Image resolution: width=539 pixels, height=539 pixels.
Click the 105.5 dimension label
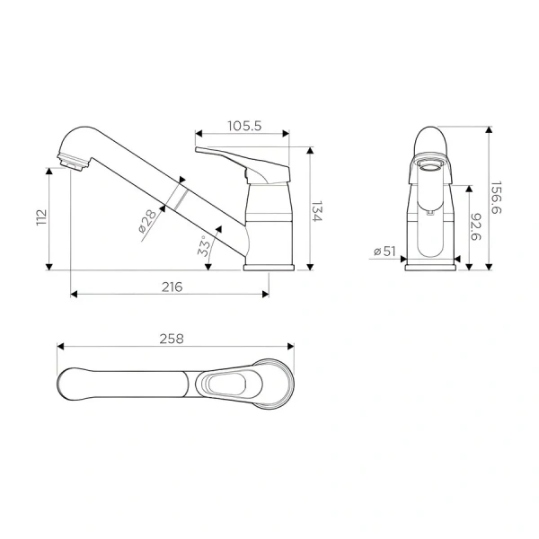coord(243,127)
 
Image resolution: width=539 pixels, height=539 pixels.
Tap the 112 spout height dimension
coord(40,218)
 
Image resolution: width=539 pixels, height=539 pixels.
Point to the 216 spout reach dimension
coord(172,287)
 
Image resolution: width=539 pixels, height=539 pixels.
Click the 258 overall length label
coord(172,339)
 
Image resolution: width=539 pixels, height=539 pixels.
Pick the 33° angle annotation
coord(204,247)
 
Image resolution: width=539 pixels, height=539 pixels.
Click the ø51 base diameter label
coord(385,252)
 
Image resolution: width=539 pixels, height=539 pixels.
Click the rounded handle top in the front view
coord(432,141)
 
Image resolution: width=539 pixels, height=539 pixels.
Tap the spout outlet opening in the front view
coord(431,164)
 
